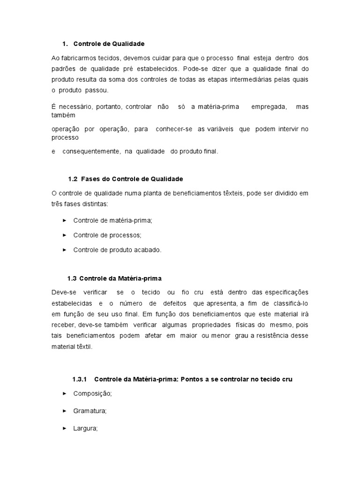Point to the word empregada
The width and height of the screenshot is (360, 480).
pyautogui.click(x=269, y=107)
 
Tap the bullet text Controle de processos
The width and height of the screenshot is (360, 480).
pyautogui.click(x=107, y=235)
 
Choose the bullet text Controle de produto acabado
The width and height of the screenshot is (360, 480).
pyautogui.click(x=117, y=250)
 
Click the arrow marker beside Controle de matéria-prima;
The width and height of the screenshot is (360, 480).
pyautogui.click(x=64, y=220)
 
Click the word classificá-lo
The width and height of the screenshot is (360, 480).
pyautogui.click(x=290, y=303)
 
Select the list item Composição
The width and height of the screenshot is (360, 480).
pyautogui.click(x=92, y=394)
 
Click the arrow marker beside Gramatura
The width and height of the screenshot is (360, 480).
pyautogui.click(x=64, y=411)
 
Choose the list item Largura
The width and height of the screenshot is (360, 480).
pyautogui.click(x=85, y=428)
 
